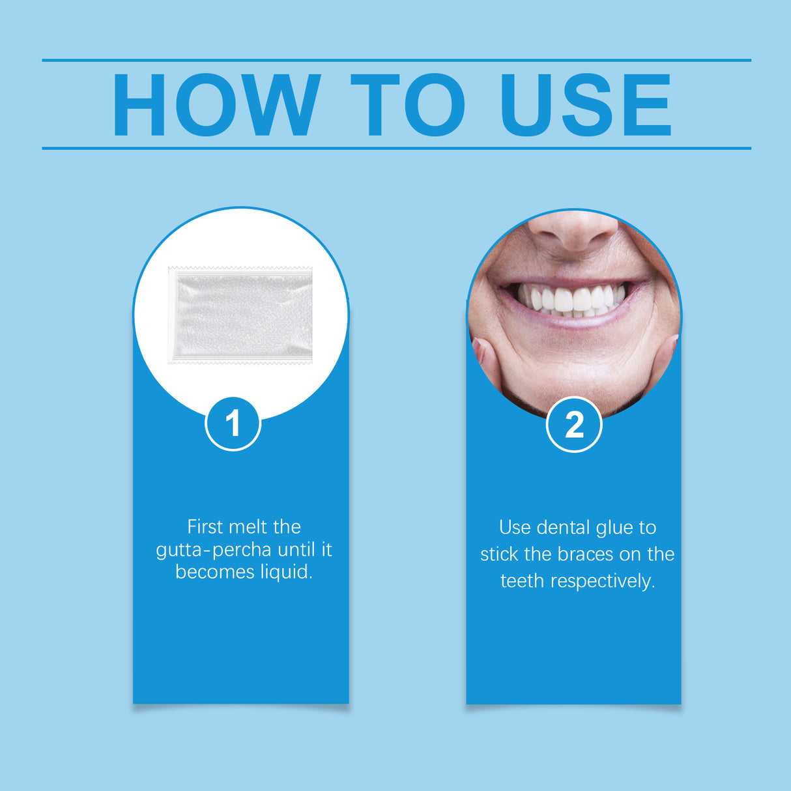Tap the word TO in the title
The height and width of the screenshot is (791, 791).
(x=407, y=105)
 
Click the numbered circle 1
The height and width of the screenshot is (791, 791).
(x=233, y=424)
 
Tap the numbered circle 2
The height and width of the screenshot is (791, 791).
(x=574, y=425)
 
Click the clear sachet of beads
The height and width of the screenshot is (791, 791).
(x=240, y=315)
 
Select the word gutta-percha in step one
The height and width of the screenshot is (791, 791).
(x=213, y=550)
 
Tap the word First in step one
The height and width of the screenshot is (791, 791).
(x=205, y=526)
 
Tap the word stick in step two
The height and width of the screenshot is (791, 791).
(x=499, y=554)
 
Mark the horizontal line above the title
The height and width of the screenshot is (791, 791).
(x=396, y=60)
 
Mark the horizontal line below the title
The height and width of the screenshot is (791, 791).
(x=396, y=149)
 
